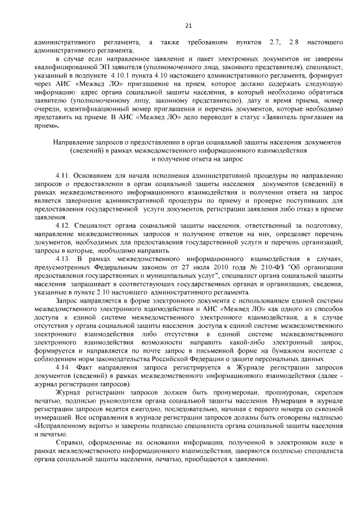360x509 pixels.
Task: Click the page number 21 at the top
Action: [188, 25]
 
